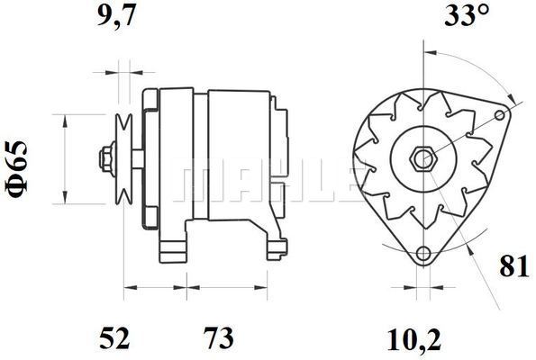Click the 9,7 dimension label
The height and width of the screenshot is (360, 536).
point(117,15)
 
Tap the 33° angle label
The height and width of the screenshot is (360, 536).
point(467,15)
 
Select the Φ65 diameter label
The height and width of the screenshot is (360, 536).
point(16,169)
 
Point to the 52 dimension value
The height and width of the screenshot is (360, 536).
point(114,337)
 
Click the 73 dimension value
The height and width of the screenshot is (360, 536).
point(219,337)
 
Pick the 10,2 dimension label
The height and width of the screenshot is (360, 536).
point(414,340)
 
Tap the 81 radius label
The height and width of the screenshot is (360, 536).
point(514,266)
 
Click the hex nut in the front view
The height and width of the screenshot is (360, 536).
point(423,158)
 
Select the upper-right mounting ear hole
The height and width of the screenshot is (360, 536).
point(500,115)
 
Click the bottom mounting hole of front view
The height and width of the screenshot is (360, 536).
point(423,253)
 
